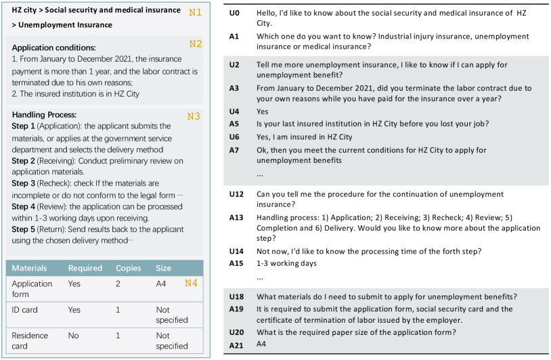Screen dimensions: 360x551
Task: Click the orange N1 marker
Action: pyautogui.click(x=194, y=12)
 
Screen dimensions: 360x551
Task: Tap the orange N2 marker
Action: pyautogui.click(x=195, y=44)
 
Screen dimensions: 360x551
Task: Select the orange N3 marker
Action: pyautogui.click(x=194, y=116)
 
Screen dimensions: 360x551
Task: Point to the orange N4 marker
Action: pyautogui.click(x=192, y=283)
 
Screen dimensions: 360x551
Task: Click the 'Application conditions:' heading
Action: pyautogui.click(x=53, y=47)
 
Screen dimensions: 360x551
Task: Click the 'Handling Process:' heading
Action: pyautogui.click(x=44, y=115)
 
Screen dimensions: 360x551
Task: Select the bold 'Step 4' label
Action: pyautogui.click(x=24, y=206)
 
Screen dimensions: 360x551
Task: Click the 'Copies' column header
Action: pyautogui.click(x=129, y=268)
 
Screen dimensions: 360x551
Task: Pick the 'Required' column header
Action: pyautogui.click(x=85, y=268)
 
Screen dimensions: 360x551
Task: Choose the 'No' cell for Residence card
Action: pyautogui.click(x=74, y=336)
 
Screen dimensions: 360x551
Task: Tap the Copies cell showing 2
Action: pyautogui.click(x=118, y=284)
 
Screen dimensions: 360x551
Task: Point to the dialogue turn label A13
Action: pyautogui.click(x=236, y=218)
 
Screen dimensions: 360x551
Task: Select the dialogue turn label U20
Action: pyautogui.click(x=236, y=332)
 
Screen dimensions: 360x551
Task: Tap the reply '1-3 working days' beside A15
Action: pyautogui.click(x=286, y=263)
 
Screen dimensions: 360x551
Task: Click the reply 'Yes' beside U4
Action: pyautogui.click(x=263, y=112)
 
